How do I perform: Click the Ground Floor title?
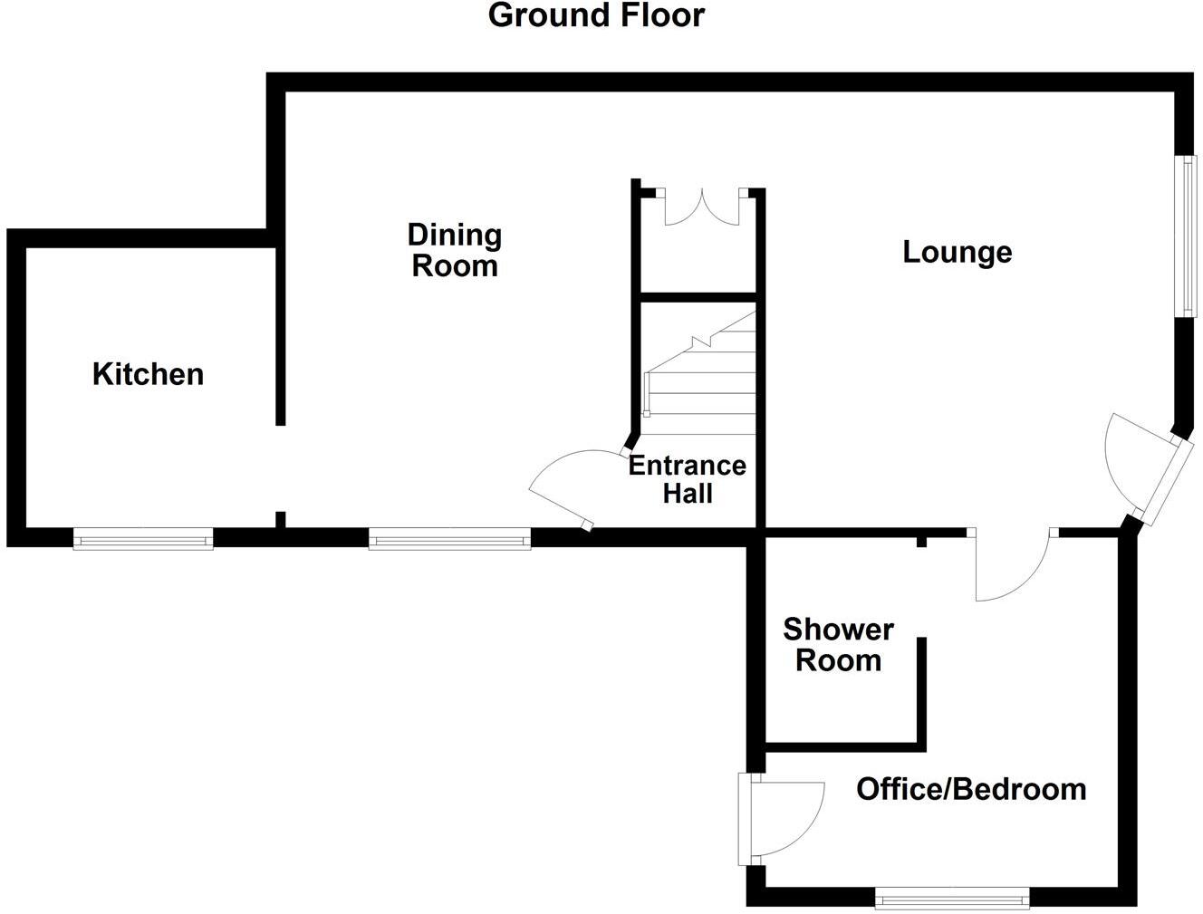pyautogui.click(x=596, y=15)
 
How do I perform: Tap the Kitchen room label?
pyautogui.click(x=148, y=374)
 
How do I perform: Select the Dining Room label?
pyautogui.click(x=455, y=250)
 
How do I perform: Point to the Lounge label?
pyautogui.click(x=957, y=252)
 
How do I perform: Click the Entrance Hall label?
pyautogui.click(x=688, y=479)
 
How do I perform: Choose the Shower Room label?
pyautogui.click(x=838, y=644)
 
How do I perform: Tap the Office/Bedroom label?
pyautogui.click(x=971, y=789)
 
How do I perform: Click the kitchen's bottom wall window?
pyautogui.click(x=143, y=541)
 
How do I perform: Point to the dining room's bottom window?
pyautogui.click(x=449, y=541)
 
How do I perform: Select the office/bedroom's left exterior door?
pyautogui.click(x=779, y=818)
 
